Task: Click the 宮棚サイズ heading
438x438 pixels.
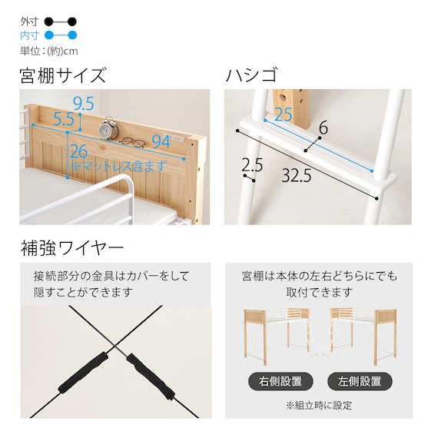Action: coord(62,76)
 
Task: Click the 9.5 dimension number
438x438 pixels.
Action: coord(84,103)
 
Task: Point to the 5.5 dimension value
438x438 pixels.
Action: coord(65,119)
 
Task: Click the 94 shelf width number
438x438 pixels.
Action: coord(161,141)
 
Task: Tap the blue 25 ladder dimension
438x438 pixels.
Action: coord(283,114)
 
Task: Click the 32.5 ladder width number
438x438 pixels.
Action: coord(296,175)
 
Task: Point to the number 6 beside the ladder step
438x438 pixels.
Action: coord(323,129)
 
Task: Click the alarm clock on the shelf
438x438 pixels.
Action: coord(111,126)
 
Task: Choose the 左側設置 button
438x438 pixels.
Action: coord(360,380)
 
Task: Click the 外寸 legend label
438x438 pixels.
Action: coord(28,21)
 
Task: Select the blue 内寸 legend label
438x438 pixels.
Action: coord(28,35)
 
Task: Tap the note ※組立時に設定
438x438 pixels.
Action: coord(319,405)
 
